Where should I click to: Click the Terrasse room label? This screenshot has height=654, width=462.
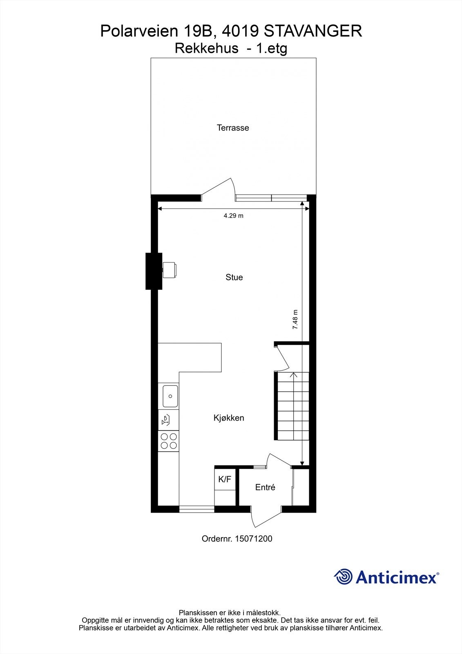(x=233, y=128)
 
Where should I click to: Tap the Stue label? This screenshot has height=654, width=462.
(x=234, y=278)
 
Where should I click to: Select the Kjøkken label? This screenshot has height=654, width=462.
(x=229, y=418)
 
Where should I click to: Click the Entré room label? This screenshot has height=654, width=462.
(x=265, y=488)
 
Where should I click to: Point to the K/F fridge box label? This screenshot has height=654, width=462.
(x=225, y=479)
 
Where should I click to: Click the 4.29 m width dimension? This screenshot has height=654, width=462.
(x=233, y=216)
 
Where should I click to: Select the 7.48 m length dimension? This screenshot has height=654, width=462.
(x=295, y=320)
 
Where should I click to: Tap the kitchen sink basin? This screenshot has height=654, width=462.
(x=170, y=396)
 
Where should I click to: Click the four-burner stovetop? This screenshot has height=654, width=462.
(x=169, y=441)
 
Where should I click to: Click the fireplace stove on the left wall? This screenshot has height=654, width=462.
(x=169, y=270)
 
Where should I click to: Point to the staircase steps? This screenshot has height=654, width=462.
(x=291, y=405)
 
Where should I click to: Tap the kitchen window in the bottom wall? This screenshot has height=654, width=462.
(x=196, y=509)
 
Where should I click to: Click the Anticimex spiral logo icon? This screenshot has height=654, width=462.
(x=343, y=577)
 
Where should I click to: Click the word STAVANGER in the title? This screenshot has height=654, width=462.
(x=313, y=31)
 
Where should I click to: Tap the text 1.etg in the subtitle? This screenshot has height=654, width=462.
(x=271, y=49)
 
